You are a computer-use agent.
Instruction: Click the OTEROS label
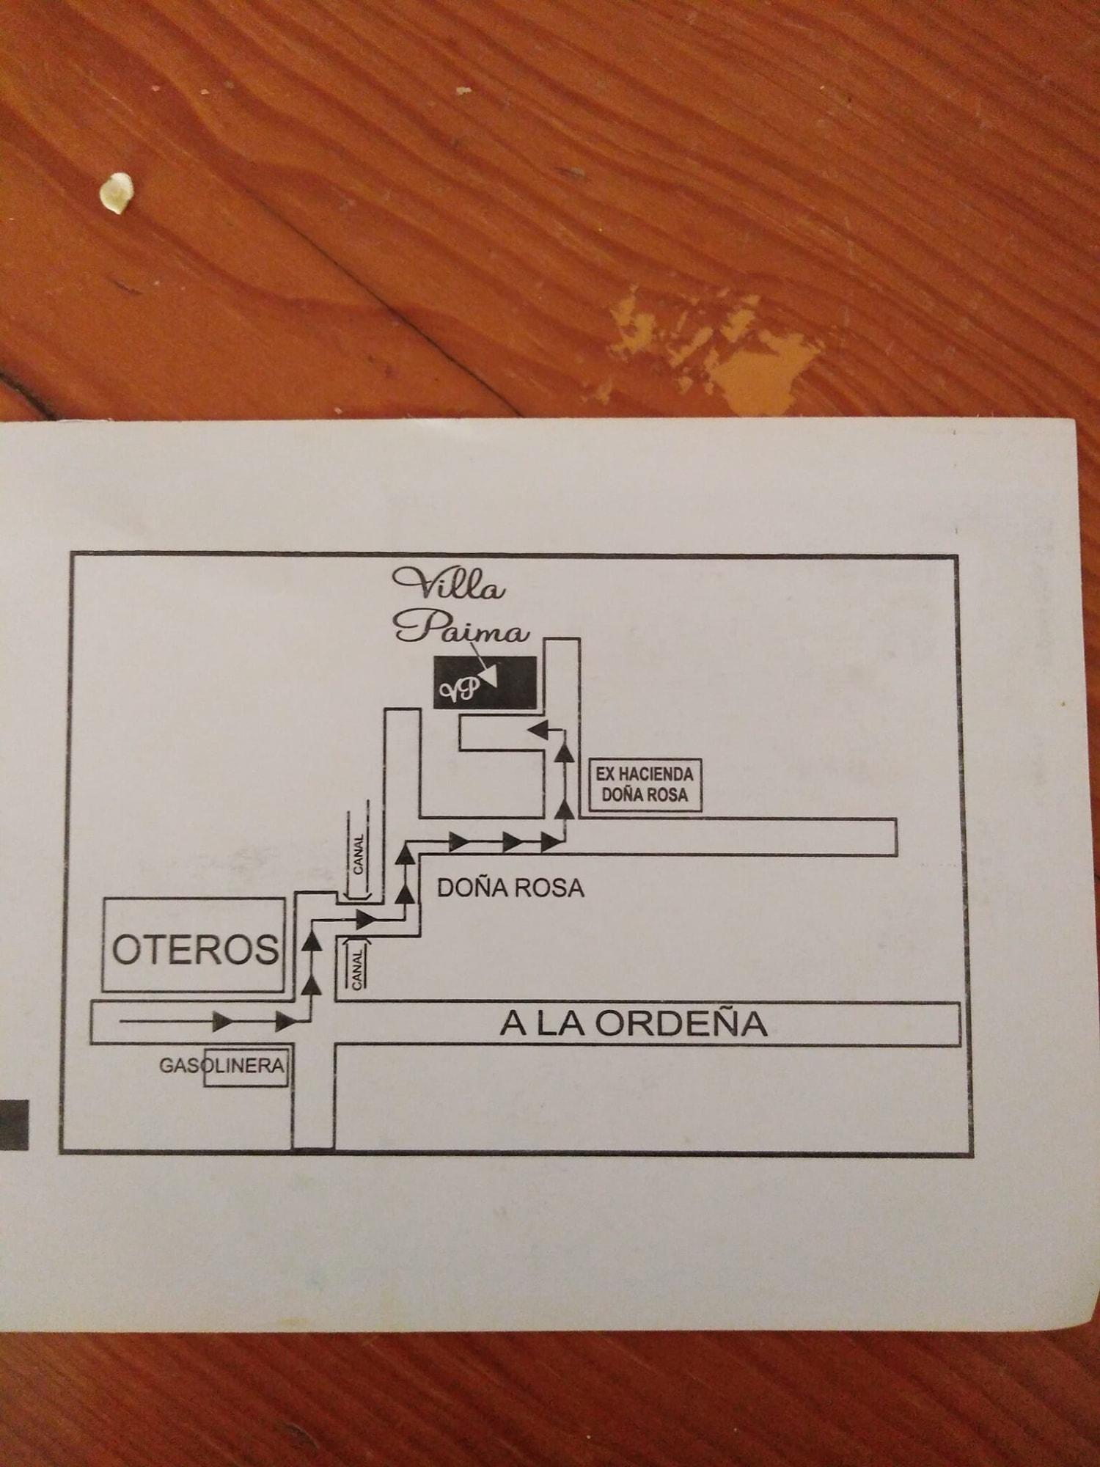195,949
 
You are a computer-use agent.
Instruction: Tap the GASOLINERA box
245,1067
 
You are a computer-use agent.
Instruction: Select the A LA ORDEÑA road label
633,1024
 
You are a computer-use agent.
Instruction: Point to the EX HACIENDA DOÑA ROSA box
645,784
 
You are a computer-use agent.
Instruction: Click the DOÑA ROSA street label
510,888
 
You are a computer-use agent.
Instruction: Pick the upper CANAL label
358,854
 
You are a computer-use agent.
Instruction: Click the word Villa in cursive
450,585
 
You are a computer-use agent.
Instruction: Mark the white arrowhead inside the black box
488,674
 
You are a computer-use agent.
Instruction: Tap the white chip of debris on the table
116,192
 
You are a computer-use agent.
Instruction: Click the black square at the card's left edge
13,1124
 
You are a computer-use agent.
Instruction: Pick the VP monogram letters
459,689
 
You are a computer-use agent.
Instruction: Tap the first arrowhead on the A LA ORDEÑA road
221,1020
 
